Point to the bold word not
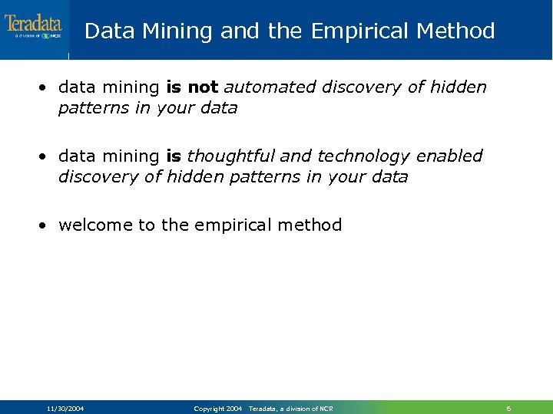click(x=203, y=87)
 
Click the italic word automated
click(x=270, y=87)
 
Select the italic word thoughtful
click(x=230, y=156)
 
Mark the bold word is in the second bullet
click(x=174, y=156)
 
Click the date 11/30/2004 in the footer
click(x=65, y=409)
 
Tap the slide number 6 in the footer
click(x=508, y=409)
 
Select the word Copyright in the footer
click(x=208, y=409)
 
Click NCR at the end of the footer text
click(x=326, y=409)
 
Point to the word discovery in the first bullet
click(x=362, y=87)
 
